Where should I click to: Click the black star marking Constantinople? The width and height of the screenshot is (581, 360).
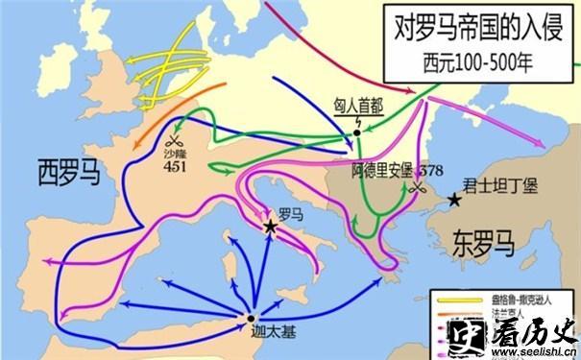pyautogui.click(x=454, y=199)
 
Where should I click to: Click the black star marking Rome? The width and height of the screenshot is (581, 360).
pyautogui.click(x=271, y=226)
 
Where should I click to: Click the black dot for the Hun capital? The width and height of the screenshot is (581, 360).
pyautogui.click(x=356, y=132)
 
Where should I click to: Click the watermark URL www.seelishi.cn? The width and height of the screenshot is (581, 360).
pyautogui.click(x=538, y=351)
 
